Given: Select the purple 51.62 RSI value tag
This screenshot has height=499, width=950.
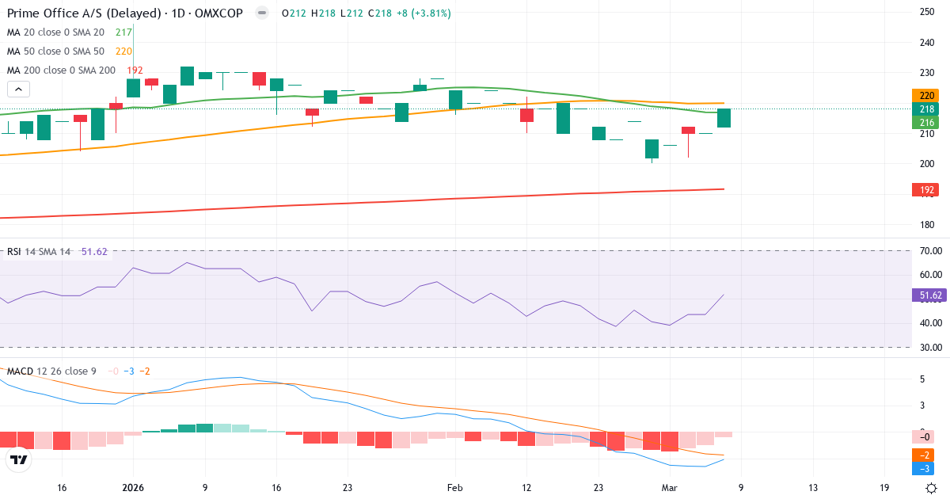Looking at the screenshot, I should [929, 295].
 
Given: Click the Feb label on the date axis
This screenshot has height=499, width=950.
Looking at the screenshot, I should [454, 488].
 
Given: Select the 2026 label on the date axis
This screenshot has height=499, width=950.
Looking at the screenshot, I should [132, 488].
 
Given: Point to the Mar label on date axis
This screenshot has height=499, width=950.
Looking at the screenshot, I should [670, 488].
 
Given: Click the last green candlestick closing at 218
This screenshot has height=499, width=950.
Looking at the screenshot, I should [724, 118].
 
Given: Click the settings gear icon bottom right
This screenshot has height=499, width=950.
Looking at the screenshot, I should [932, 488].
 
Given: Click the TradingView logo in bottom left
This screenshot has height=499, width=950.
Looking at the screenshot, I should [19, 459].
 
